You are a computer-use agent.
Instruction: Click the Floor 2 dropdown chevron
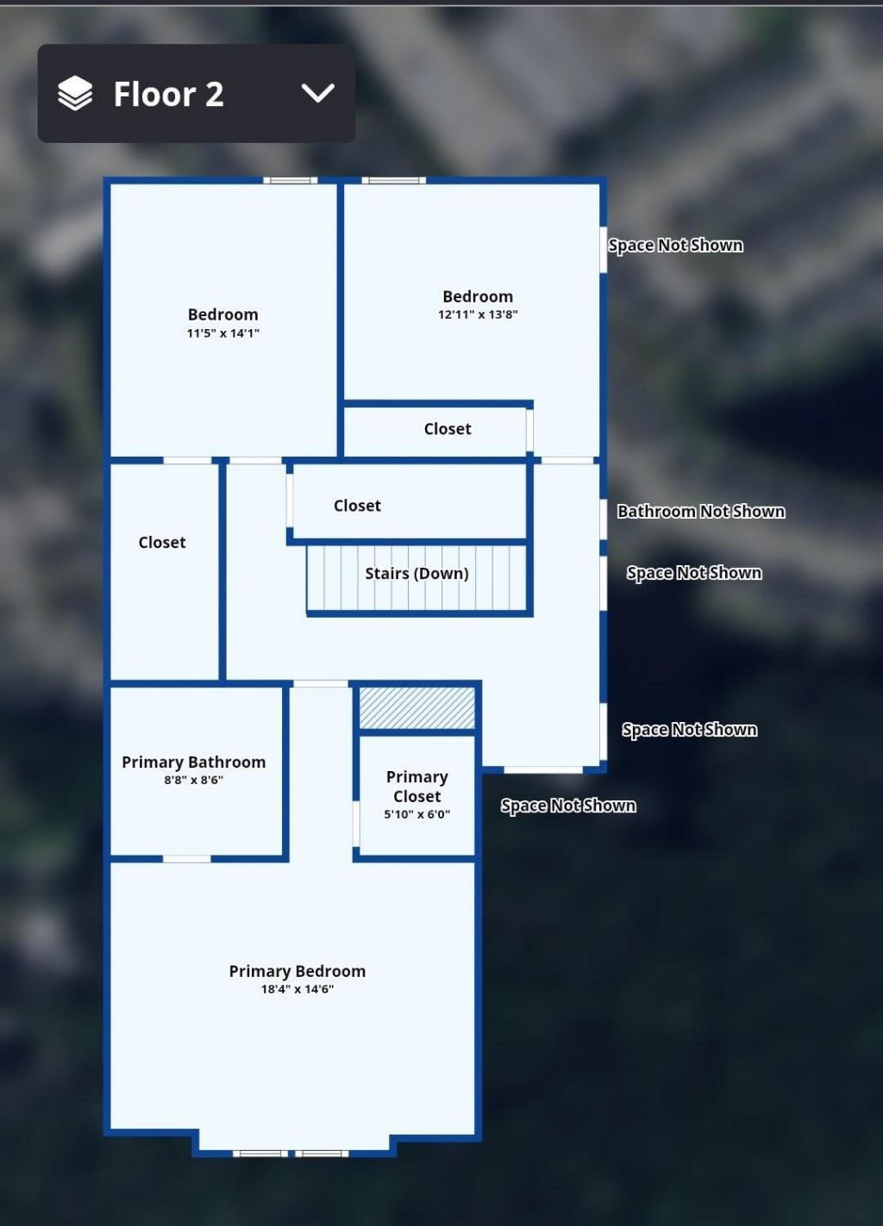point(317,93)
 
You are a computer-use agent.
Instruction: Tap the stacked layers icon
point(75,93)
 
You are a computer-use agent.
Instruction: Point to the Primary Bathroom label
point(193,762)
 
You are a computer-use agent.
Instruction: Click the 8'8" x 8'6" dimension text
point(193,780)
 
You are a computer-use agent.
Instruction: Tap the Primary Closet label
point(416,787)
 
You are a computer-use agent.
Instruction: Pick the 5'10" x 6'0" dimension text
point(416,814)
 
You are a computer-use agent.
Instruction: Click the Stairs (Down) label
point(416,574)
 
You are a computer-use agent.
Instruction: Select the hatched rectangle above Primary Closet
point(416,708)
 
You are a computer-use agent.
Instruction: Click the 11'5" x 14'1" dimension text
point(223,333)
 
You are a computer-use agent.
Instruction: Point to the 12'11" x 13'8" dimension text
point(478,314)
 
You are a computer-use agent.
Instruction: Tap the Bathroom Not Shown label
point(701,511)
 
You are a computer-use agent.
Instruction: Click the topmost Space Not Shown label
point(675,246)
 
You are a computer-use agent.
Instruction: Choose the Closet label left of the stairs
point(162,543)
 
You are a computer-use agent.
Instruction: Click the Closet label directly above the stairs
point(357,506)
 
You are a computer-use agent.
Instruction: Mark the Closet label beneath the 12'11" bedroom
point(448,429)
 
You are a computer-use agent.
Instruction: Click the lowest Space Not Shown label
point(568,806)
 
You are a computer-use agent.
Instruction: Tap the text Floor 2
point(169,94)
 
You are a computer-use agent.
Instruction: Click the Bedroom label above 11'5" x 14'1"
point(223,314)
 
